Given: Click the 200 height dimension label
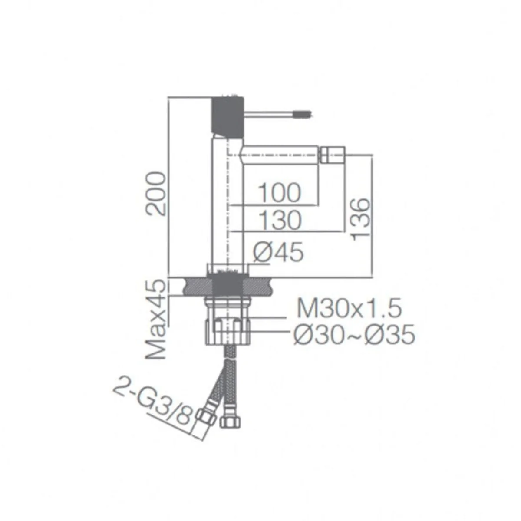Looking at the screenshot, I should click(155, 193).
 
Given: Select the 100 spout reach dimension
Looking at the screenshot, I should click(279, 192).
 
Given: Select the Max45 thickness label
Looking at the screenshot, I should click(156, 320).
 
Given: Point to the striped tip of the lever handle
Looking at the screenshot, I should click(304, 115).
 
